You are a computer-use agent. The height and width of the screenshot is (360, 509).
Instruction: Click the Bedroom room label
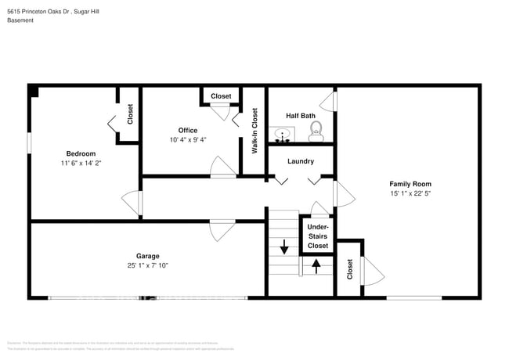point(81,153)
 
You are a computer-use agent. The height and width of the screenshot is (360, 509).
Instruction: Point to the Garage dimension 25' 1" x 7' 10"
point(147,265)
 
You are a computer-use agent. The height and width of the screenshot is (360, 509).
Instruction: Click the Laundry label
point(301,161)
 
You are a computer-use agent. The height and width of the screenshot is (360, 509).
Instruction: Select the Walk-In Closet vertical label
point(254,130)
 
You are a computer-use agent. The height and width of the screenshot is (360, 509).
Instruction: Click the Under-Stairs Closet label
point(317,236)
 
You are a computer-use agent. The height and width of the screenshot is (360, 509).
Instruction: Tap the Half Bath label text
point(301,116)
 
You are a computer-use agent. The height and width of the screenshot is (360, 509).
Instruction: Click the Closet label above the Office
point(221,96)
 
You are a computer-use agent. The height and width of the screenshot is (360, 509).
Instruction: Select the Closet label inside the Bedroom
point(130,114)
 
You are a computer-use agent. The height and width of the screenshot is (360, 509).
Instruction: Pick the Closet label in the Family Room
point(349,269)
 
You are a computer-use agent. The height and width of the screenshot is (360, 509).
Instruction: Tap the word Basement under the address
point(22,21)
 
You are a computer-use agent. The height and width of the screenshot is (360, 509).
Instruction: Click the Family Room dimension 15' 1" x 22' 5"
point(411,193)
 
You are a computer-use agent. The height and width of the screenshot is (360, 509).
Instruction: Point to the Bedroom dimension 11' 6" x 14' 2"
point(81,164)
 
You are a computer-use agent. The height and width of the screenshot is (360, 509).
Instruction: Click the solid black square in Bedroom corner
point(34,91)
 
